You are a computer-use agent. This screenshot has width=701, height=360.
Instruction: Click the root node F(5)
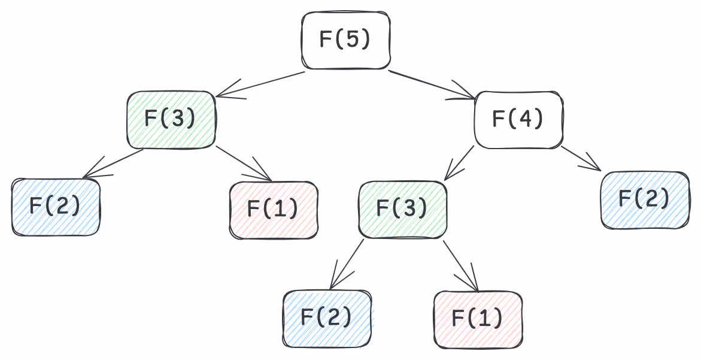(346, 40)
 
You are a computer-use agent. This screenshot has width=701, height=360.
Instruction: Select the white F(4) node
(518, 120)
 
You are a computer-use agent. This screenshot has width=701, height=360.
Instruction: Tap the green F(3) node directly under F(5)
(171, 119)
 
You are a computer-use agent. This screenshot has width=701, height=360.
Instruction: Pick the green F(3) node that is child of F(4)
(402, 208)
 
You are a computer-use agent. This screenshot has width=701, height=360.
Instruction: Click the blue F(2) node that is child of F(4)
(644, 199)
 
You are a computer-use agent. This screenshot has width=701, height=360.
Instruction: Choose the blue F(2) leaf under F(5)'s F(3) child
(56, 207)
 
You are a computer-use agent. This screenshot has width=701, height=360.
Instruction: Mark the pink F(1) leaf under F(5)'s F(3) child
(274, 210)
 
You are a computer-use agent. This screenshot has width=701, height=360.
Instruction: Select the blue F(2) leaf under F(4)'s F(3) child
(327, 318)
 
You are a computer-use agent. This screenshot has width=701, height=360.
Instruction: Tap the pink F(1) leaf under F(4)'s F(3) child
(478, 319)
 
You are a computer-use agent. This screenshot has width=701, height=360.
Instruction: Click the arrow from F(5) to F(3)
(260, 84)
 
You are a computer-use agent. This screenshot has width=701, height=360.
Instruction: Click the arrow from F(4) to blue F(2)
(581, 159)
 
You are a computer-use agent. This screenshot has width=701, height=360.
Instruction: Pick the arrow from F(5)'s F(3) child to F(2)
(114, 163)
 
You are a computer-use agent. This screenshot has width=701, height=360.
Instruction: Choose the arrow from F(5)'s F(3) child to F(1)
(244, 163)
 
